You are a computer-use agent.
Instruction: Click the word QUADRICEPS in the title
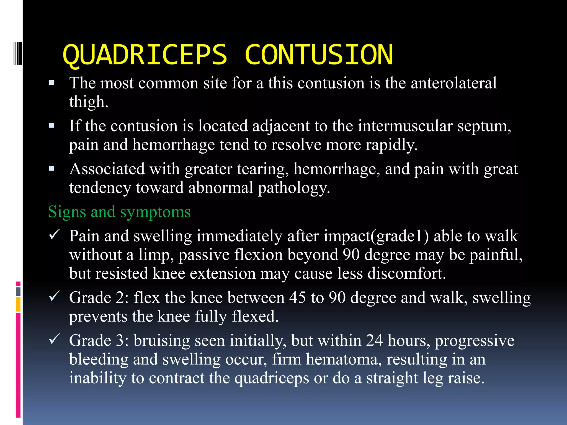click(x=145, y=55)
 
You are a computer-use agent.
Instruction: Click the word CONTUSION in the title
click(x=319, y=55)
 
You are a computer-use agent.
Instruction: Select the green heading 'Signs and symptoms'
click(x=119, y=212)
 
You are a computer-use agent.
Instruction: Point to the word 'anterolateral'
click(x=453, y=83)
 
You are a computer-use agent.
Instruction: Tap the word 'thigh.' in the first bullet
click(x=89, y=102)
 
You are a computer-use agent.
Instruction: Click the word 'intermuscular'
click(x=405, y=126)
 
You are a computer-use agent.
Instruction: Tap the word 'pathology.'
click(x=294, y=188)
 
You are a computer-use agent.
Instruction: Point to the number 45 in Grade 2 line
click(x=298, y=298)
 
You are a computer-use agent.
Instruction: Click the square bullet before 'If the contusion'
click(x=51, y=126)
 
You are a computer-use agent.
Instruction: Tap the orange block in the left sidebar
click(x=18, y=304)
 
